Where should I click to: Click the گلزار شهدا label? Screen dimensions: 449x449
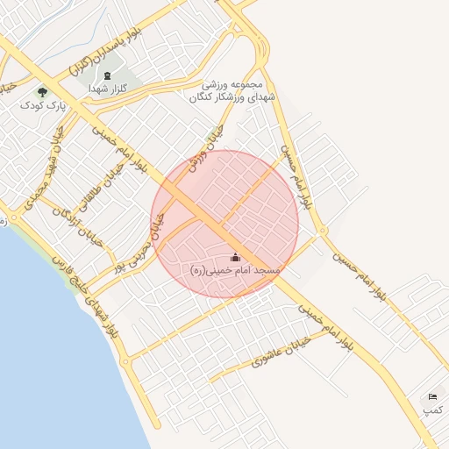[110, 89]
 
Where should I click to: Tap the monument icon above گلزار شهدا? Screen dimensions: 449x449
[108, 75]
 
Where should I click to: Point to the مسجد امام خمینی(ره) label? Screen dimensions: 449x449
[236, 271]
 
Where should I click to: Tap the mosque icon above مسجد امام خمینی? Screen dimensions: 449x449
[235, 258]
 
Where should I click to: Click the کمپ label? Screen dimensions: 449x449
[432, 410]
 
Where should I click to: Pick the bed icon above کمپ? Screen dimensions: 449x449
[431, 397]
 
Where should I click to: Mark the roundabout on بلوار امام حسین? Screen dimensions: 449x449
[323, 231]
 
